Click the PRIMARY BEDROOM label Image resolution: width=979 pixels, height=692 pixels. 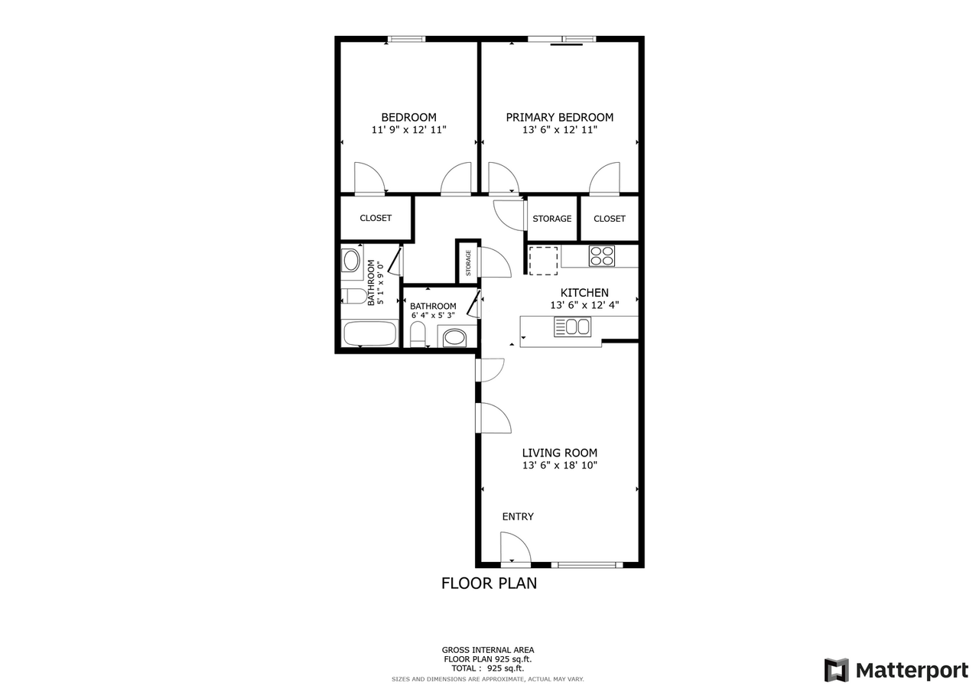point(559,117)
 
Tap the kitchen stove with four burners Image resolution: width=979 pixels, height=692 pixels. point(602,255)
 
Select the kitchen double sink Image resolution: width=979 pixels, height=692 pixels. point(572,327)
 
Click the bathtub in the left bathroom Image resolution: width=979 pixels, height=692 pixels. point(370,333)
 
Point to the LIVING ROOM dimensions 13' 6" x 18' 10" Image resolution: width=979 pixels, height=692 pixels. point(559,465)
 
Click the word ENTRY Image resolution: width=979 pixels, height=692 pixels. point(518,517)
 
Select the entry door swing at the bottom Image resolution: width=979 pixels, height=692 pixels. point(515,547)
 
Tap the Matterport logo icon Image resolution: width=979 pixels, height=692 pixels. point(836,670)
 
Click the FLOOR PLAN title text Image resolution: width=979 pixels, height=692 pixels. point(489,583)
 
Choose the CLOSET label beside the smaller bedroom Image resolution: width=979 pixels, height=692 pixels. point(376,218)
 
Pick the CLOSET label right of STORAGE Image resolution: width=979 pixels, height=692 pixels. point(610,219)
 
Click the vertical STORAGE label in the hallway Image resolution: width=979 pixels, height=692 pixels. point(468,263)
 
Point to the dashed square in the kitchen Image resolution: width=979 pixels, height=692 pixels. point(543,260)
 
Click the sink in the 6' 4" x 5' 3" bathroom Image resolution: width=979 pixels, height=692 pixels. point(454,336)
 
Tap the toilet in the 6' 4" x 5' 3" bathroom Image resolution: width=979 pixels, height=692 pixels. point(418,334)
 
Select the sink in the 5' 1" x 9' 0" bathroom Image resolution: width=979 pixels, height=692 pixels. point(351,261)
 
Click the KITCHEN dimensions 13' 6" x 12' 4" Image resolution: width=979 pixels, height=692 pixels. point(584,304)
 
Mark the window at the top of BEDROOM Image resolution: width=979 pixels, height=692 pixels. point(407,39)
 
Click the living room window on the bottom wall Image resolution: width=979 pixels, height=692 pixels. point(587,565)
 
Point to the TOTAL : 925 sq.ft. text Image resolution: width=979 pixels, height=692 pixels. point(487,668)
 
